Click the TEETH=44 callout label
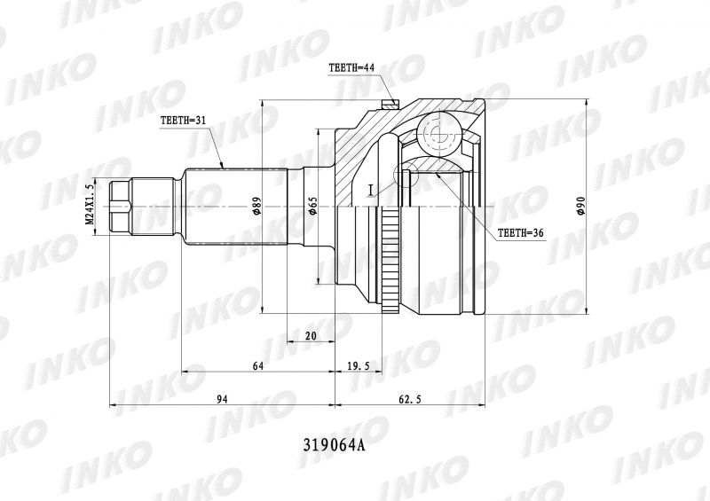coord(351,68)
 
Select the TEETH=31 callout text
coord(183,121)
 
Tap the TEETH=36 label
coord(521,232)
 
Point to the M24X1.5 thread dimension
coord(89,205)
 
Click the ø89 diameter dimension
coord(256,207)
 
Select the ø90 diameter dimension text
coord(581,207)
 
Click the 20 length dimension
coord(311,336)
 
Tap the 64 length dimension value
coord(257,366)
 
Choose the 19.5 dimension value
coord(359,366)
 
